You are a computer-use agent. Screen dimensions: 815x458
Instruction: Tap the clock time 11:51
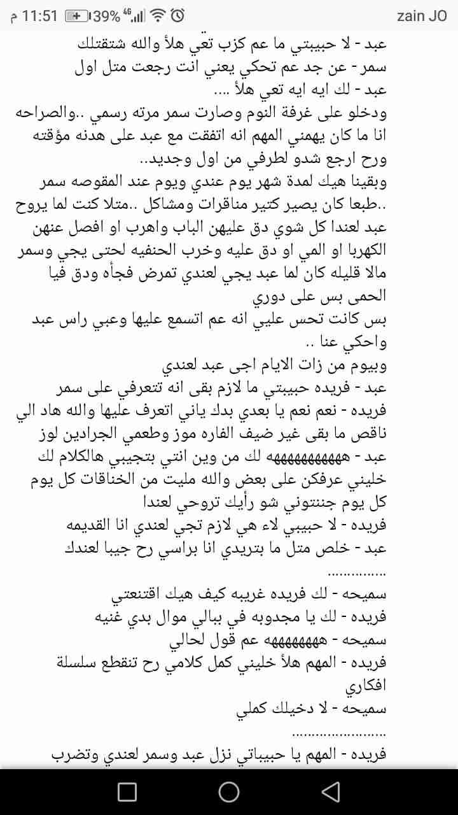coord(40,16)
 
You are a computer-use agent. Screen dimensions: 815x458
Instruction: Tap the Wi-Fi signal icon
coord(158,16)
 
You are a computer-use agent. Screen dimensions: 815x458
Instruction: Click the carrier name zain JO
coord(422,16)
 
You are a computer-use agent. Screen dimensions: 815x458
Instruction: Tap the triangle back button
coord(330,791)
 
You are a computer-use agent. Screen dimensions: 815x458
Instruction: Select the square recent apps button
coord(127,791)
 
